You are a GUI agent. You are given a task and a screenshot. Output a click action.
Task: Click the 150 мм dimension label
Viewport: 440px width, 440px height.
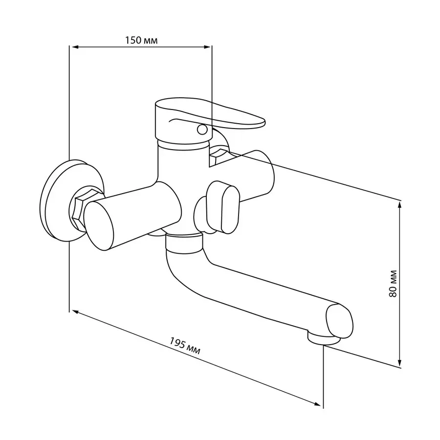tap(141, 40)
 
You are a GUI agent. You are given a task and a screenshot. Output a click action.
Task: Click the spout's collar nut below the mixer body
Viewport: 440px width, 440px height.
tap(184, 242)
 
